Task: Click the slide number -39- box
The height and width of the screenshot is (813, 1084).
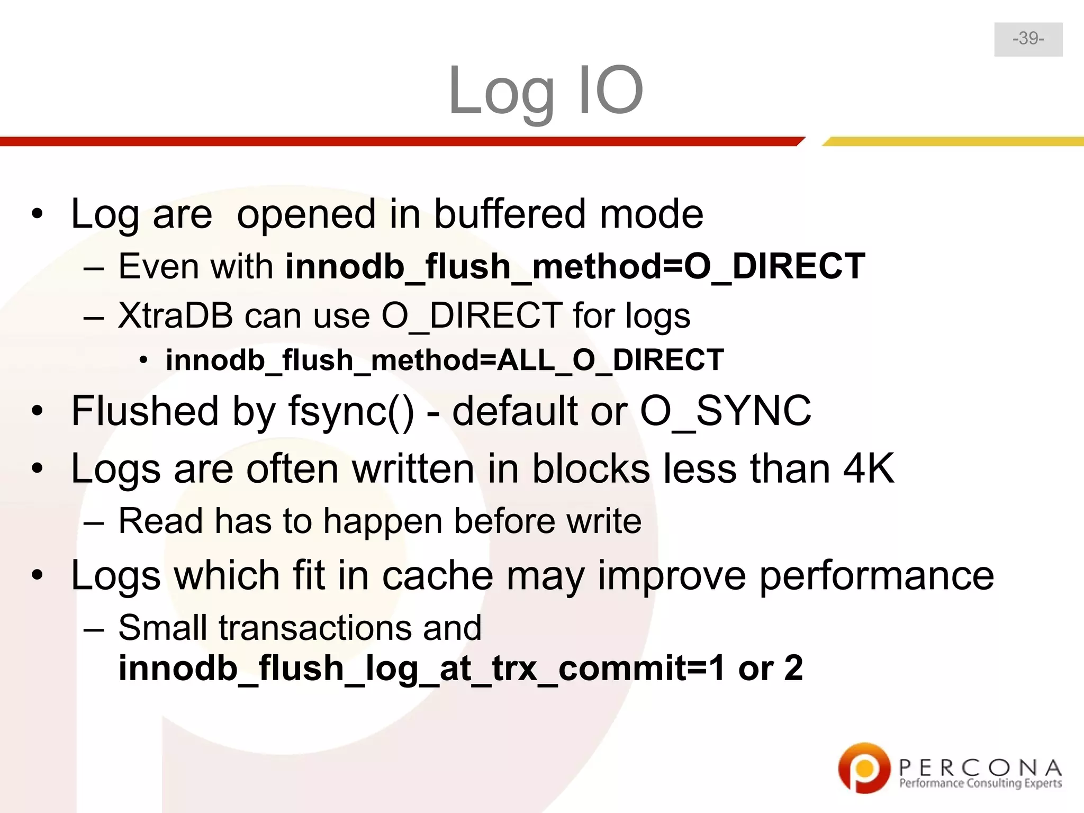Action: tap(1028, 39)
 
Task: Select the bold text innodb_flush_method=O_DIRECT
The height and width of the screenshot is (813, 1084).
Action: tap(575, 266)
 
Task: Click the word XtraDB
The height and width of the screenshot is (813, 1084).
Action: tap(175, 315)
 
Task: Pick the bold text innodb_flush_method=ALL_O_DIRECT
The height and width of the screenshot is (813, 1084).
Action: tap(445, 360)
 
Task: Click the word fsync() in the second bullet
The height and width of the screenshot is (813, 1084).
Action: tap(351, 411)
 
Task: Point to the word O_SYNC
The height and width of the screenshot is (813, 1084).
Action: tap(725, 411)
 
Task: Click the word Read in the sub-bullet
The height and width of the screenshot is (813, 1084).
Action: tap(160, 521)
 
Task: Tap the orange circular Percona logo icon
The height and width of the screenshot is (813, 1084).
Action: tap(863, 767)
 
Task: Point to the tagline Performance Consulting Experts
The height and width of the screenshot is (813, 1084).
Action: tap(980, 783)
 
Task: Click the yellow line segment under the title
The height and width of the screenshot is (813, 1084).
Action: tap(953, 141)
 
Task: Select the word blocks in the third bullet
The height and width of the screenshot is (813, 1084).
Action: tap(591, 468)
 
